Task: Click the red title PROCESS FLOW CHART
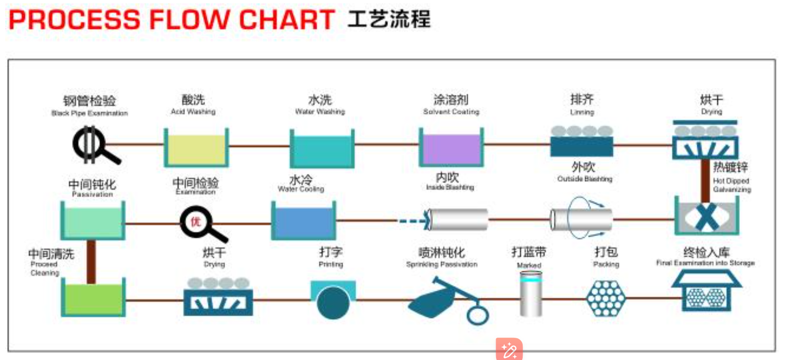pyautogui.click(x=171, y=20)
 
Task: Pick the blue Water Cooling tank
pyautogui.click(x=303, y=222)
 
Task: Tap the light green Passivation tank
pyautogui.click(x=93, y=222)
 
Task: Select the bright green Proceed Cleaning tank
pyautogui.click(x=93, y=299)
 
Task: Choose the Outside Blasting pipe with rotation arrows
pyautogui.click(x=581, y=219)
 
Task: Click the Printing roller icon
pyautogui.click(x=333, y=300)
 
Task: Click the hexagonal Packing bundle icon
pyautogui.click(x=606, y=298)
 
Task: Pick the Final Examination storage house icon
pyautogui.click(x=706, y=293)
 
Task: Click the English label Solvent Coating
pyautogui.click(x=451, y=112)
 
